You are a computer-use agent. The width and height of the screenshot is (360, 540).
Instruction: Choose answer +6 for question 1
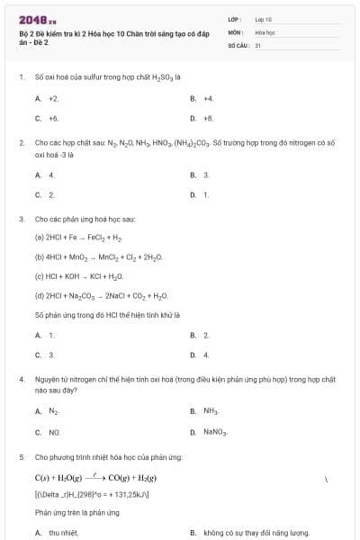tap(53, 118)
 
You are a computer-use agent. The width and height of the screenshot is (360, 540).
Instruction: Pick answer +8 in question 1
tap(209, 118)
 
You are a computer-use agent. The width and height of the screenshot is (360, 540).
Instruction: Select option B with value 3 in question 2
tap(206, 175)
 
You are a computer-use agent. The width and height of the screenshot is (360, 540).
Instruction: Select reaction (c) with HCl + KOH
tap(79, 276)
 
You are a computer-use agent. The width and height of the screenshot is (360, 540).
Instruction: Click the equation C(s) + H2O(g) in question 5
tap(95, 477)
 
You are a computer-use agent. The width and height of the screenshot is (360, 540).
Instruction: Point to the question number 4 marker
tap(21, 380)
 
